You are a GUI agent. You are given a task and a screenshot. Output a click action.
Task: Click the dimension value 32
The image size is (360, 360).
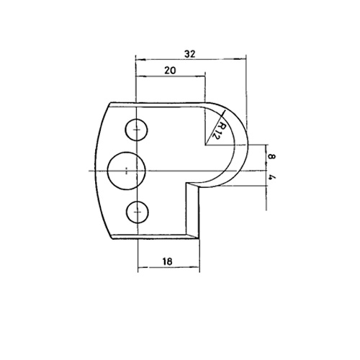(x=190, y=54)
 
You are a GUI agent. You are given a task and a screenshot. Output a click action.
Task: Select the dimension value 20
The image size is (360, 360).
(x=170, y=71)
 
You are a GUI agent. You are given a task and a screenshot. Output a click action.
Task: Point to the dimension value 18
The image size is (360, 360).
(x=167, y=261)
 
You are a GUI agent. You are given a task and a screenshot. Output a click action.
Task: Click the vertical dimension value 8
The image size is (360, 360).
(x=271, y=157)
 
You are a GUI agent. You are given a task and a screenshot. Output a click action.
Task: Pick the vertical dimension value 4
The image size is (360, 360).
(x=271, y=177)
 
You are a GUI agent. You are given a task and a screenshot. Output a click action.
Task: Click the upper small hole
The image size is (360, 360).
(x=136, y=130)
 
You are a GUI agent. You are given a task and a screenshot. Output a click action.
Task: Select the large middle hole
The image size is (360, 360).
(x=127, y=171)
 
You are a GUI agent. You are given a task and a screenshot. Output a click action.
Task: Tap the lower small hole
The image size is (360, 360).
(x=138, y=212)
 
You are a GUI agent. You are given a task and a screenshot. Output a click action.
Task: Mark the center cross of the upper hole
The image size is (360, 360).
(x=137, y=130)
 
